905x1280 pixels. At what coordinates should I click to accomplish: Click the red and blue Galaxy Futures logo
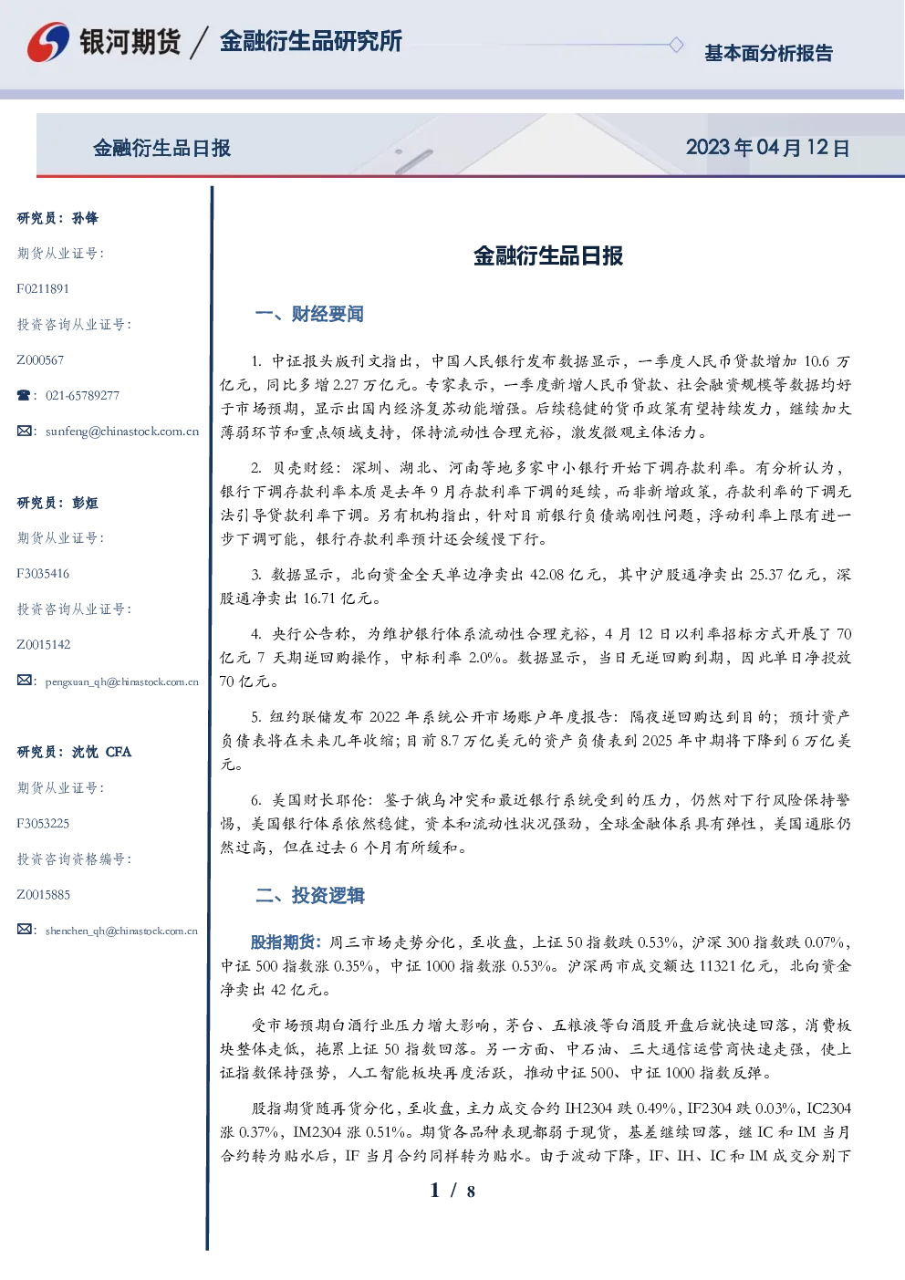click(48, 42)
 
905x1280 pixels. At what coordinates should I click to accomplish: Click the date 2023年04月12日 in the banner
click(767, 148)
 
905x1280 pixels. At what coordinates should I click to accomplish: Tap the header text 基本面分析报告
click(768, 53)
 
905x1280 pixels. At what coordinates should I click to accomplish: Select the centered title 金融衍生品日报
click(548, 255)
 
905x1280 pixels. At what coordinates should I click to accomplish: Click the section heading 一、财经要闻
click(309, 314)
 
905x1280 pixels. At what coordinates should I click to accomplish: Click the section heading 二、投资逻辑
click(309, 895)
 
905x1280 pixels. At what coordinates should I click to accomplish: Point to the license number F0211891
click(43, 288)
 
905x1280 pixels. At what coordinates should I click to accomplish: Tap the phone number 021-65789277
click(82, 395)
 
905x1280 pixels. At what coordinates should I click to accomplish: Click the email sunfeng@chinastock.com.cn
click(122, 432)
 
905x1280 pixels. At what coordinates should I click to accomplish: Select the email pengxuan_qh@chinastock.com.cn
click(122, 682)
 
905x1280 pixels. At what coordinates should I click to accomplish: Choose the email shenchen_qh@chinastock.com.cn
click(121, 931)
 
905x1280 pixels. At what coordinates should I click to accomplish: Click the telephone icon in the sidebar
click(24, 395)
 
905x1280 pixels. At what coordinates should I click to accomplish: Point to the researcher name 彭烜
click(85, 503)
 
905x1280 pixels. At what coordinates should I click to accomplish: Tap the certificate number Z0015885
click(44, 895)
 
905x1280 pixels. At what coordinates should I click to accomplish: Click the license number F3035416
click(43, 574)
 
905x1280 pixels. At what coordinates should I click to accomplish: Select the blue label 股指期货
click(283, 942)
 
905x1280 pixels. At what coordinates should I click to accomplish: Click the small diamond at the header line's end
click(676, 45)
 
